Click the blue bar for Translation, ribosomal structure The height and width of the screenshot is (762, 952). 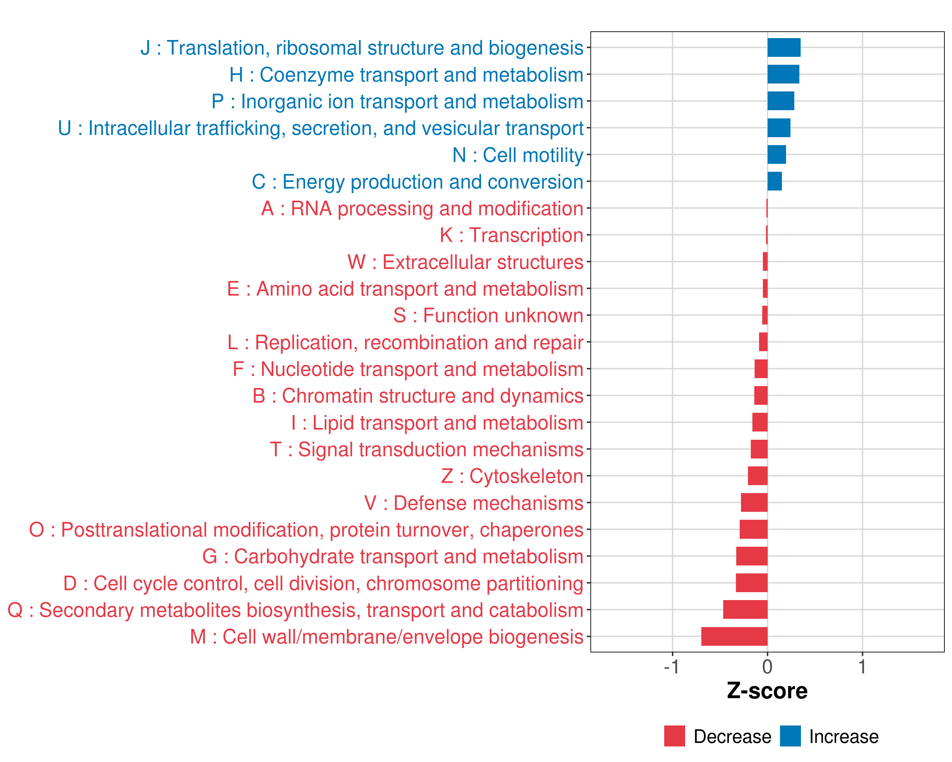coord(784,48)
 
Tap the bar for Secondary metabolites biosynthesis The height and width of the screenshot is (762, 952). coord(745,610)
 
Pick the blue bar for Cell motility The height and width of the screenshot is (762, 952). coord(777,155)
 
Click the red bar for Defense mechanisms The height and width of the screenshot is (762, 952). coord(754,503)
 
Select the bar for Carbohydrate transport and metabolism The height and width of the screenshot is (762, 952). coord(752,556)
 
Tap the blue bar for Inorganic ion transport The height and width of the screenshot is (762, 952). coord(781,101)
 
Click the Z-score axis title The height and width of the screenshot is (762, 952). coord(767,691)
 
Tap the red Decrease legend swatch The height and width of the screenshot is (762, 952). coord(674,736)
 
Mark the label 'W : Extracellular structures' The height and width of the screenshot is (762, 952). coord(466,262)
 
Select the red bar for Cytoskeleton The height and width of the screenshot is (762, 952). coord(758,476)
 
